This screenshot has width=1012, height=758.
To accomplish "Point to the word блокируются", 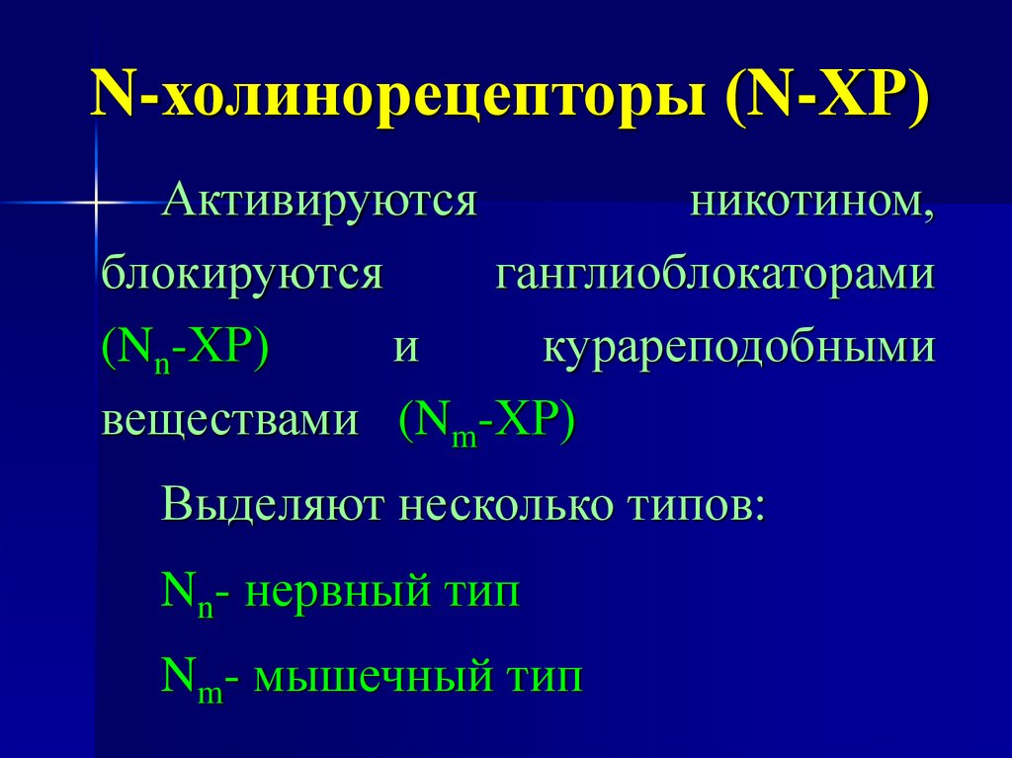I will click(241, 274).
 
